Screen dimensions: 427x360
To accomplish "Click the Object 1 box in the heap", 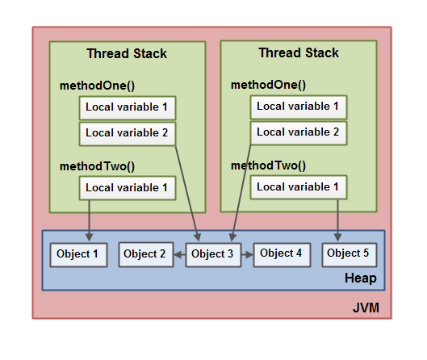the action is [x=79, y=255].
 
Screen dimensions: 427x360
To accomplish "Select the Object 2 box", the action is [x=146, y=254].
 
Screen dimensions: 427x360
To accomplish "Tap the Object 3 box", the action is [x=213, y=255].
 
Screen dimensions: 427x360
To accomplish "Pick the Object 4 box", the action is [x=282, y=254].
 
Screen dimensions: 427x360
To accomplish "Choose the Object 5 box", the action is [x=350, y=254].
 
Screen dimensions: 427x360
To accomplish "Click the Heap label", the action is [x=361, y=278].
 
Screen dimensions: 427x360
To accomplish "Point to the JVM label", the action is [x=366, y=308].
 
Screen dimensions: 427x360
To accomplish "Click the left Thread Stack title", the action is [x=127, y=53].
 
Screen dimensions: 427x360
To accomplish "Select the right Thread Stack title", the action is [x=299, y=52].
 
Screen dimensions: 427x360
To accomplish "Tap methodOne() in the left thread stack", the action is [x=97, y=86].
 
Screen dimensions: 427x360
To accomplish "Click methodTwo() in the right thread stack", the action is [x=268, y=165].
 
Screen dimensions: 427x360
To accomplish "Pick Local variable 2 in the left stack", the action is [x=128, y=134].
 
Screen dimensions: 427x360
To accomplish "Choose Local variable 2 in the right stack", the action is [x=299, y=133].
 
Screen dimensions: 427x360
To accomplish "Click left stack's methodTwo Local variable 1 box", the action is [x=128, y=188].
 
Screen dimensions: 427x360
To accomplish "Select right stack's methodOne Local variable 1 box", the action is [x=299, y=107].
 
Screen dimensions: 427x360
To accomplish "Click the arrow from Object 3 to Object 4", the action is [x=247, y=255].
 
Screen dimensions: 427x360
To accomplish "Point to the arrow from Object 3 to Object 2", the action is [x=180, y=255].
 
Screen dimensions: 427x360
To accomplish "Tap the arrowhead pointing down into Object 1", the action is [x=89, y=237].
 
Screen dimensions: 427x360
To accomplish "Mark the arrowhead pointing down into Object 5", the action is [x=337, y=237].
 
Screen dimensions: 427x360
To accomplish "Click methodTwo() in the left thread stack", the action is [x=97, y=166].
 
